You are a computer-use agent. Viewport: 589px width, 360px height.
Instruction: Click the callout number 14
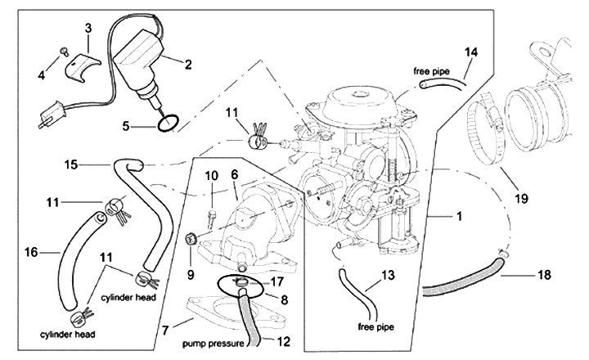tap(470, 52)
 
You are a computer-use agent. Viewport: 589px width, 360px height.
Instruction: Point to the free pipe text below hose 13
tap(376, 327)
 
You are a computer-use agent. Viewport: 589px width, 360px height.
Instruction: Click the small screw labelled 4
tap(62, 53)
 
